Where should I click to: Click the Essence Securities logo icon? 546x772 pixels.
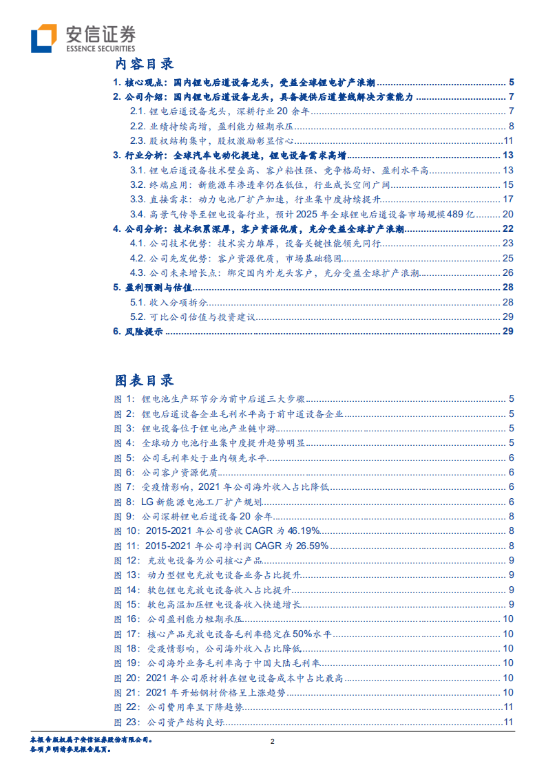tap(44, 38)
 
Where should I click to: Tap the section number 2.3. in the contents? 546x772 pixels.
tap(138, 140)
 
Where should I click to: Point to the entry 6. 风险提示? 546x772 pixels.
tap(138, 332)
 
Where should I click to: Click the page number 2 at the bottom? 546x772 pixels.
tap(273, 742)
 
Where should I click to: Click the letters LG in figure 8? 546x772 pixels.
tap(147, 502)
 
